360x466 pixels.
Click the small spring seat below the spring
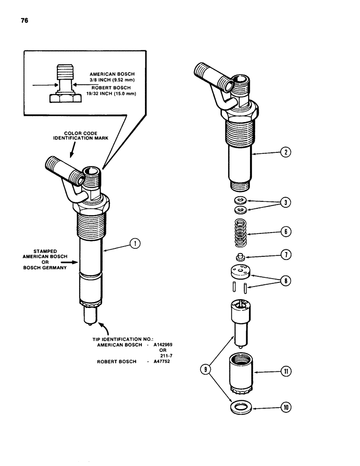pyautogui.click(x=240, y=257)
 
